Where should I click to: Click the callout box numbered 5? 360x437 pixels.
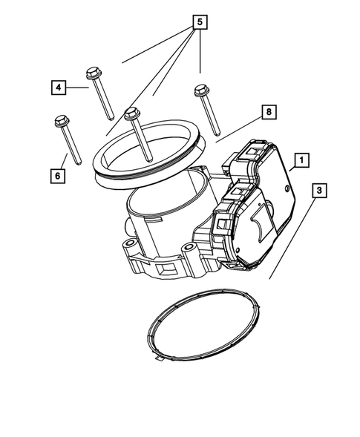click(198, 22)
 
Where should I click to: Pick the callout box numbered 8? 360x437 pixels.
click(268, 113)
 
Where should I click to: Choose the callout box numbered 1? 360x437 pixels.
click(301, 160)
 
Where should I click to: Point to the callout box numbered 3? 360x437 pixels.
click(318, 191)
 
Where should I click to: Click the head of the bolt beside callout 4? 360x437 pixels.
click(94, 73)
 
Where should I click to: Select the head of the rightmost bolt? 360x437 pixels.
click(200, 91)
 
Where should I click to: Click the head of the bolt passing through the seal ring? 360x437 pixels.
click(132, 114)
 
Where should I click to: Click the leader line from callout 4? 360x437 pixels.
click(78, 87)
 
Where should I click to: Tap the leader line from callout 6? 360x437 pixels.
click(65, 162)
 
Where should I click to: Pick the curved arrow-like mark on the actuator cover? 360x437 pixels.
click(260, 223)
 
